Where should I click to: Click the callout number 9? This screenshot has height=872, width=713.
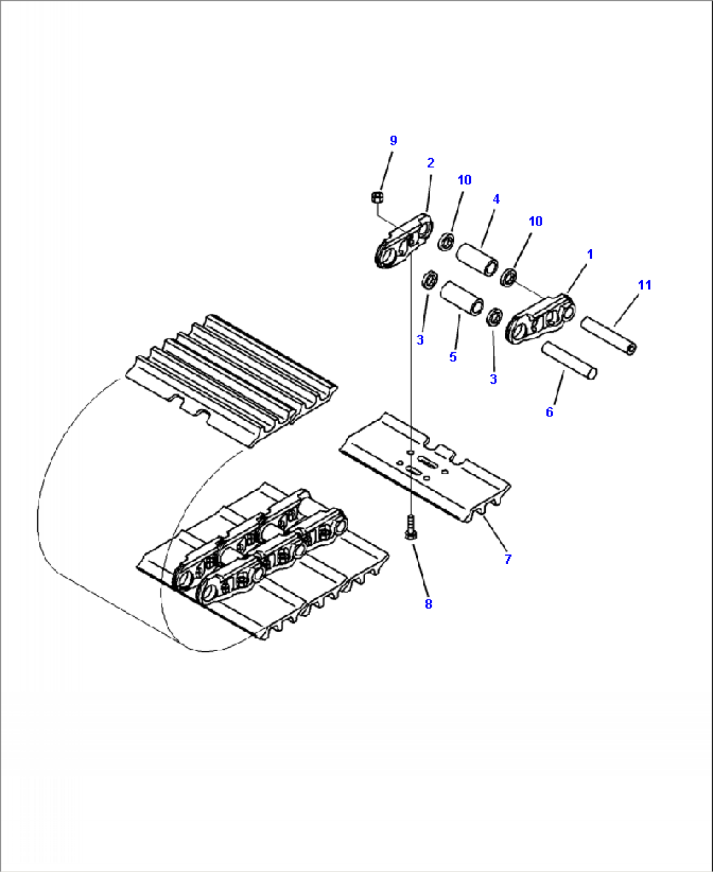click(x=393, y=141)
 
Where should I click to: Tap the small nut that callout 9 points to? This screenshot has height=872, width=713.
click(x=377, y=197)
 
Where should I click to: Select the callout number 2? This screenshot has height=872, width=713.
click(x=430, y=163)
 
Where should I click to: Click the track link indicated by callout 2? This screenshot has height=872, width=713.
click(x=404, y=241)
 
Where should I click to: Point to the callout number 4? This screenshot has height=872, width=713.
click(x=496, y=199)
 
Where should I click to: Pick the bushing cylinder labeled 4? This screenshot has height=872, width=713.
click(x=477, y=260)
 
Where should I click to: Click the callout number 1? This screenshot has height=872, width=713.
click(x=590, y=255)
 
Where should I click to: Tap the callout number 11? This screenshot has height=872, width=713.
click(x=644, y=285)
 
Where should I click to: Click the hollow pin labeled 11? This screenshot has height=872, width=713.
click(x=609, y=336)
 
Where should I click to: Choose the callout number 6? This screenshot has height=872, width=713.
click(x=549, y=412)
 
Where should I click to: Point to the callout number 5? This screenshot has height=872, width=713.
click(x=453, y=356)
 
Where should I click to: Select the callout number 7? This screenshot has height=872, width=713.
click(x=508, y=560)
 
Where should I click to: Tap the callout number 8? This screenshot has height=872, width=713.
click(x=428, y=604)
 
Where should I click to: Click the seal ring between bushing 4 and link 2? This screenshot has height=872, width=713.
click(x=446, y=241)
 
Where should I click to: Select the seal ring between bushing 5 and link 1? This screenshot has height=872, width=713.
click(x=495, y=317)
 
